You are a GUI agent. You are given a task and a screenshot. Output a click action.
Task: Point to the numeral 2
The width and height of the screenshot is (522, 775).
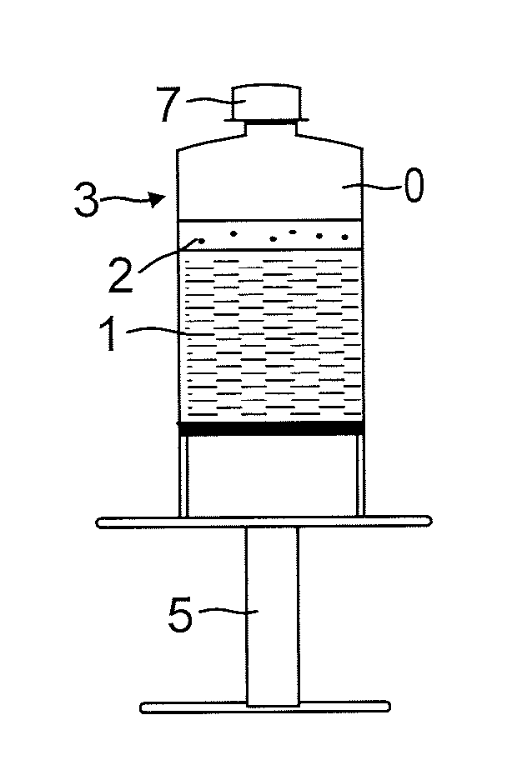click(x=121, y=275)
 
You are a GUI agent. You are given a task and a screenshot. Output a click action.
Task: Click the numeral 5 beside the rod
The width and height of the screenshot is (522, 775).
click(x=180, y=617)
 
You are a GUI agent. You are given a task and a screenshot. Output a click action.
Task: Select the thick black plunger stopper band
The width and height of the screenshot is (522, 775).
click(x=272, y=428)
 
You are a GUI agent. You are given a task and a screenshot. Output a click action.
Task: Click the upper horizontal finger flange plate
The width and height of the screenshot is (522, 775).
click(x=264, y=522)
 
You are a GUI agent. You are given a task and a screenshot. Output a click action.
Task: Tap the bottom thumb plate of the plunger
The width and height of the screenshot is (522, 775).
click(x=264, y=707)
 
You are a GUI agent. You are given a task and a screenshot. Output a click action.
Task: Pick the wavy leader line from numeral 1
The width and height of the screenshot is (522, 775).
click(x=167, y=332)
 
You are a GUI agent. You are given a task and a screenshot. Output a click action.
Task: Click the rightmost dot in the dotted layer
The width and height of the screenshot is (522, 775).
click(x=344, y=238)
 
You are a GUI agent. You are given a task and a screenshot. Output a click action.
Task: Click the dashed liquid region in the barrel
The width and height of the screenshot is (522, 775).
click(x=272, y=333)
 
